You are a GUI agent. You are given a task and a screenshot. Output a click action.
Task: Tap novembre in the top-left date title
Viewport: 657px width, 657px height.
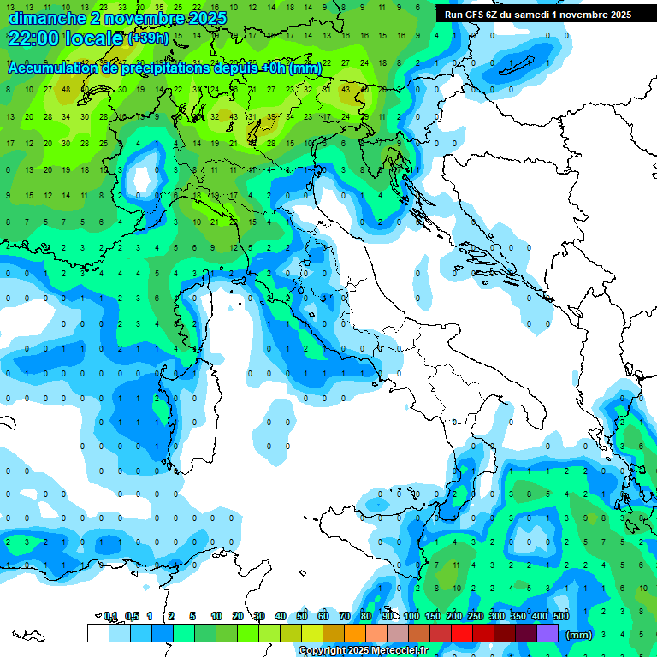141,18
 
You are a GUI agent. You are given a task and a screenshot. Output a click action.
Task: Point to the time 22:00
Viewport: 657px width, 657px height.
35,38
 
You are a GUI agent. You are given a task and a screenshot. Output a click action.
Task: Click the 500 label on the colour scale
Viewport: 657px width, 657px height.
560,616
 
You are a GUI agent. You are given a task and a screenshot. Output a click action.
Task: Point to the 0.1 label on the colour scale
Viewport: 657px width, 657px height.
110,616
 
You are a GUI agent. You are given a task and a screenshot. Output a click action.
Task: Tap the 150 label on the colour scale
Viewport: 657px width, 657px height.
432,616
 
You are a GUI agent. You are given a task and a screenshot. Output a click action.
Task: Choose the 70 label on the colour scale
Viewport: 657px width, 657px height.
344,616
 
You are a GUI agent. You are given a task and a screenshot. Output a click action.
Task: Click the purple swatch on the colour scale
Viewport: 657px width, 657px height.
547,633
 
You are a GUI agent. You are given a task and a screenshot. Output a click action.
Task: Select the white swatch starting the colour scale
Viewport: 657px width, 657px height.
98,633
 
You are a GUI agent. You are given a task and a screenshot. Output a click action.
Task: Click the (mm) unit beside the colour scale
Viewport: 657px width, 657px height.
579,635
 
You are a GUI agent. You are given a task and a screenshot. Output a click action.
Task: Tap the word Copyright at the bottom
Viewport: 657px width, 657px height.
323,651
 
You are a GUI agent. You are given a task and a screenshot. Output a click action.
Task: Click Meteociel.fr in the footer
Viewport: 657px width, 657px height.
398,651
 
